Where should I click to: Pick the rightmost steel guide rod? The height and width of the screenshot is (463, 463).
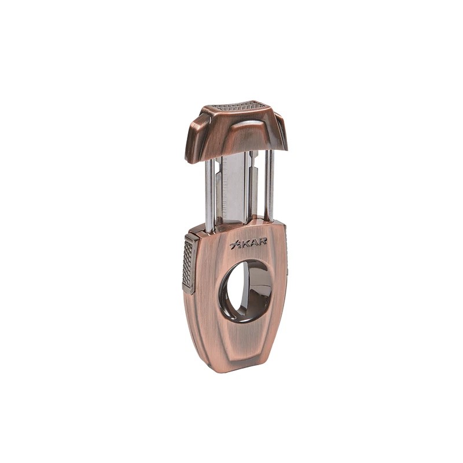270,185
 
